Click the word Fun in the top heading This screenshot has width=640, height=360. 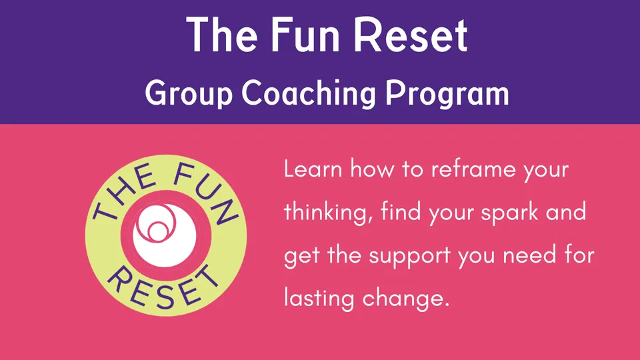pyautogui.click(x=305, y=35)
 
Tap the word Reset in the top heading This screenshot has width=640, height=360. pyautogui.click(x=410, y=35)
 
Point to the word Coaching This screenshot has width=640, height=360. pyautogui.click(x=309, y=94)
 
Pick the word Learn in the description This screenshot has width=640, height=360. pyautogui.click(x=313, y=168)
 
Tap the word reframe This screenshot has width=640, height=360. pyautogui.click(x=473, y=168)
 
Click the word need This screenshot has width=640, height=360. pyautogui.click(x=529, y=255)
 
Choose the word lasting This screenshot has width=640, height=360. pyautogui.click(x=319, y=298)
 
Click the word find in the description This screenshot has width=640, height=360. pyautogui.click(x=401, y=211)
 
